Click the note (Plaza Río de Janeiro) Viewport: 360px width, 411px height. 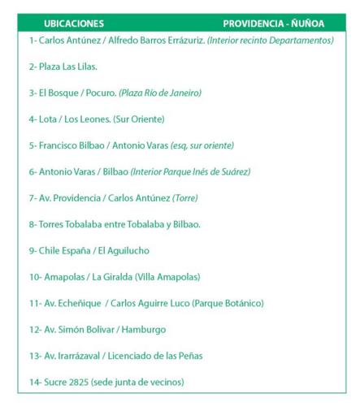tap(160, 93)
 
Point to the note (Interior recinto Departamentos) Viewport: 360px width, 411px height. tap(271, 40)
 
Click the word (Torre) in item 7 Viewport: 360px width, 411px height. tap(184, 197)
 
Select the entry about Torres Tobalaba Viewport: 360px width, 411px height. tap(114, 224)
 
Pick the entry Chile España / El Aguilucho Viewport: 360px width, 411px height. tap(89, 250)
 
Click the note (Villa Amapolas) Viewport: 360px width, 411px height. tap(167, 277)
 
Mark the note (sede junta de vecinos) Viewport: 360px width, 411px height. tap(138, 382)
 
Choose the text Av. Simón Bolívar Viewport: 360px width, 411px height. tap(72, 330)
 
